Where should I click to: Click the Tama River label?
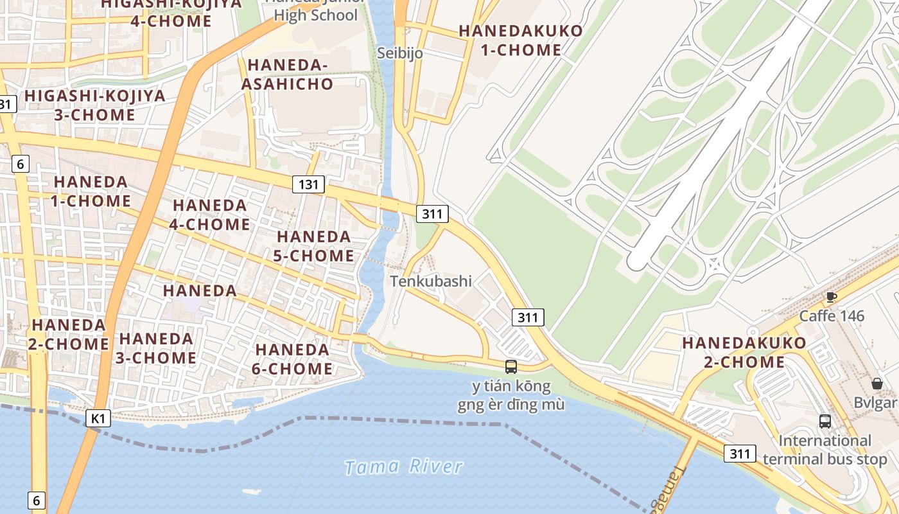403,466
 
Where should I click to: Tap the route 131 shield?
308,185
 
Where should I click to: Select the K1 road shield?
98,419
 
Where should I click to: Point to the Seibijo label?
399,53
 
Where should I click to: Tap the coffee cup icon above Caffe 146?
832,297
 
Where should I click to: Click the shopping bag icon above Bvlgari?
877,384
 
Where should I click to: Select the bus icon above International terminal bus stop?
825,421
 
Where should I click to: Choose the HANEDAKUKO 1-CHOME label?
521,40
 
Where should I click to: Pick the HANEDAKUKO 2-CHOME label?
744,352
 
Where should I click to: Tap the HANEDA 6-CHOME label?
293,359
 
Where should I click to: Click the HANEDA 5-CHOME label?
314,246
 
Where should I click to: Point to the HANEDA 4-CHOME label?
211,215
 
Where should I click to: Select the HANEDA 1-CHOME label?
91,191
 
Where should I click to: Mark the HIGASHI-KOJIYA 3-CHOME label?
95,105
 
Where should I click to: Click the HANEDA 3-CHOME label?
156,348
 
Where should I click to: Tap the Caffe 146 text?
832,316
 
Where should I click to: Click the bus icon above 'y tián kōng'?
511,367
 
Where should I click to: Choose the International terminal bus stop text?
825,450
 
